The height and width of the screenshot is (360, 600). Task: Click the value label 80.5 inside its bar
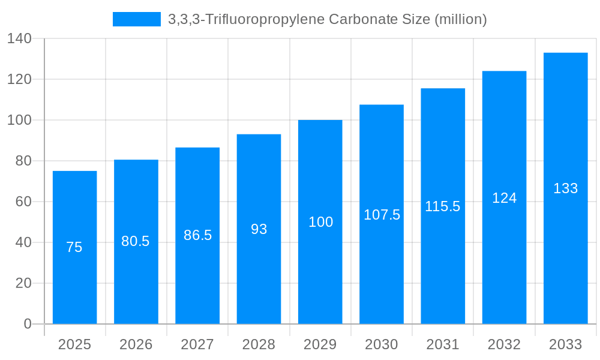(136, 241)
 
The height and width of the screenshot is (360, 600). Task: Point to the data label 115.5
(443, 206)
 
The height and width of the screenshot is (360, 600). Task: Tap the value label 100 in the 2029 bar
(320, 222)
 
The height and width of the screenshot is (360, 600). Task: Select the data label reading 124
(504, 198)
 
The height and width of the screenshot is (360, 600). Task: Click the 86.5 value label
(197, 235)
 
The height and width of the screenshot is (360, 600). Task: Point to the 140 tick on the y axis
(19, 38)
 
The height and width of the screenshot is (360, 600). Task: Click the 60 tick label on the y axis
(23, 202)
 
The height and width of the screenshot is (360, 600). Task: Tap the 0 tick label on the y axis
(28, 324)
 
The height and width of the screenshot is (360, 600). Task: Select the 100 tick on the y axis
(19, 120)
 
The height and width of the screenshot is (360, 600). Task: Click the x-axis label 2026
(136, 344)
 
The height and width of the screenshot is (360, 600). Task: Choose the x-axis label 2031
(443, 344)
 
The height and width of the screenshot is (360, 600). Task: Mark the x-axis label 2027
(197, 344)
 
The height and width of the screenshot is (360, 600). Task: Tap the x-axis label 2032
(504, 344)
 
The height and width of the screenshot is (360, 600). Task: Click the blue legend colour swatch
(137, 19)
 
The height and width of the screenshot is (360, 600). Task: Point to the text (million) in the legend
(460, 19)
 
